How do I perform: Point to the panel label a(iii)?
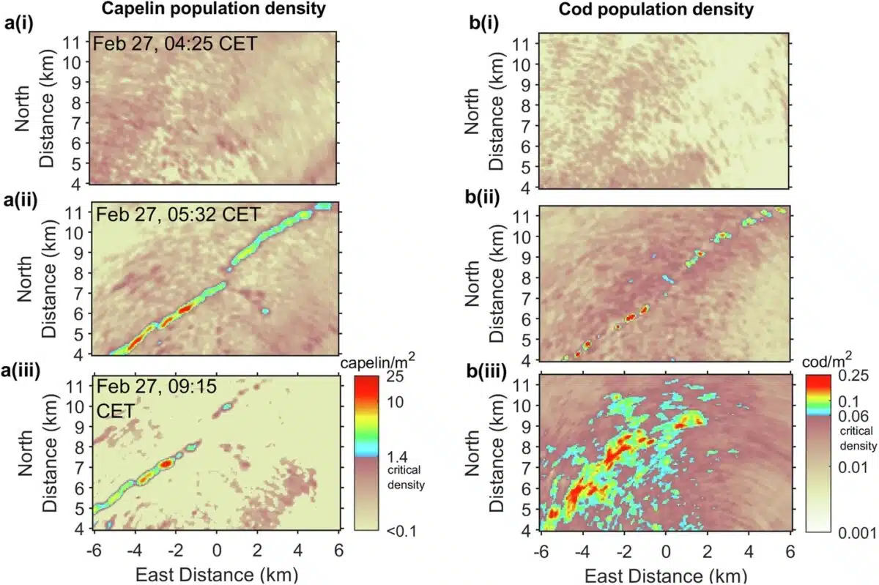[x=23, y=370]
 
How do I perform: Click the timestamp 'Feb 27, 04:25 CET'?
[x=175, y=44]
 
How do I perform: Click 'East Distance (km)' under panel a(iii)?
[x=217, y=571]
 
